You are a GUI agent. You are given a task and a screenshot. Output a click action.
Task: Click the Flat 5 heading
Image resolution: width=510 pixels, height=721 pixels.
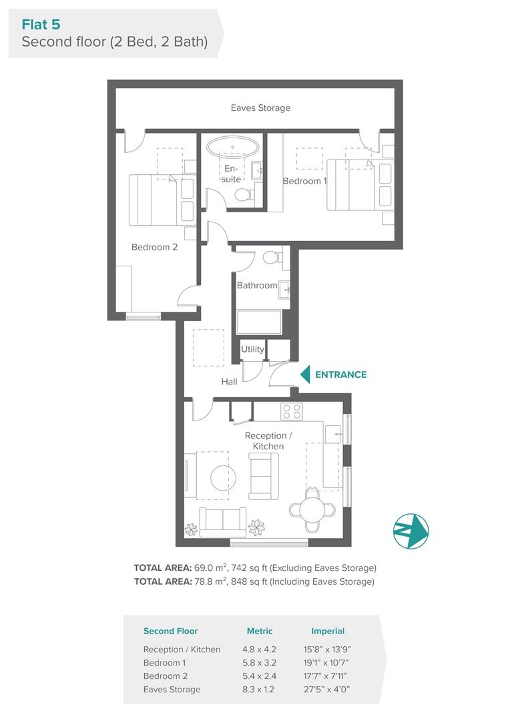click(x=41, y=25)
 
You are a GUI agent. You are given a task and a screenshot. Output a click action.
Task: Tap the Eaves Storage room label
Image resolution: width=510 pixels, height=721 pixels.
click(x=260, y=107)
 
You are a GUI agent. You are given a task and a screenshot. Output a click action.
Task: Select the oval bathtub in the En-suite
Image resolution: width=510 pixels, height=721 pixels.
click(x=233, y=147)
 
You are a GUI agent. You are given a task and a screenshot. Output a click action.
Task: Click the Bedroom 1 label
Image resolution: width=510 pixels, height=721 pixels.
click(x=304, y=181)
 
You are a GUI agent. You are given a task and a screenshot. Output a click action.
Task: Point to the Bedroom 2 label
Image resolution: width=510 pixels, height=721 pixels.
click(x=154, y=247)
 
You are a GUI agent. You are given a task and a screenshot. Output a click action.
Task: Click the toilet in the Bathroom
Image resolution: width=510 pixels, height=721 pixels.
click(x=274, y=256)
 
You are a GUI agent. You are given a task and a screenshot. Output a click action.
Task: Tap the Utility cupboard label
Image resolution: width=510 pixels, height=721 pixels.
click(x=252, y=349)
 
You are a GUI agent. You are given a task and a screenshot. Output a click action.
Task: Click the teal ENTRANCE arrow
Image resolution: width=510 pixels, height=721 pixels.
click(x=305, y=375)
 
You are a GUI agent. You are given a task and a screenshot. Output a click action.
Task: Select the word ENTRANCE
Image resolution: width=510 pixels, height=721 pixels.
click(x=340, y=375)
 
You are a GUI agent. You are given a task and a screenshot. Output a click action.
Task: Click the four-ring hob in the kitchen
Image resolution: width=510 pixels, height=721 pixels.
click(x=292, y=411)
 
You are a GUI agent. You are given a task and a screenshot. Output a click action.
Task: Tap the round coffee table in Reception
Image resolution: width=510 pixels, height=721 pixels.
click(x=224, y=478)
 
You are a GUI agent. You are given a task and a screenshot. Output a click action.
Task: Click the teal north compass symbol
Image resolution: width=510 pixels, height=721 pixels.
click(x=411, y=531)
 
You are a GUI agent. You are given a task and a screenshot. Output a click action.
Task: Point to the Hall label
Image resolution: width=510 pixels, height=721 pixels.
click(x=229, y=382)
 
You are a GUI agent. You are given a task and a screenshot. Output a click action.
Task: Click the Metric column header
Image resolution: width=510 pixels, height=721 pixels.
click(x=260, y=632)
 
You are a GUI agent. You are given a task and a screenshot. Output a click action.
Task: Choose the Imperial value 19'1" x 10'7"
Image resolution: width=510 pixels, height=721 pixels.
click(x=326, y=663)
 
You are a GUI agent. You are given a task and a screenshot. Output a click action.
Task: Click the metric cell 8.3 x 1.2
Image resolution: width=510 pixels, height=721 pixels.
click(x=260, y=689)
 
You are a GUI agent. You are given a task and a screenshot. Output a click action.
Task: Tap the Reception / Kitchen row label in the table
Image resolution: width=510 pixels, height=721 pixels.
click(x=182, y=650)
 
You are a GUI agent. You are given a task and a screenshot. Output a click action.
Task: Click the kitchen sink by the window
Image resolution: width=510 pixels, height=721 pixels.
click(x=333, y=434)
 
